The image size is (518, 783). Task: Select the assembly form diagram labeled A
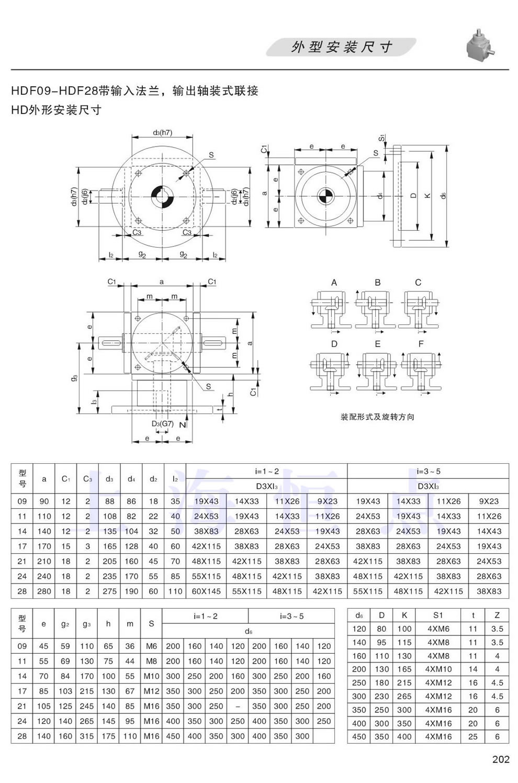click(x=333, y=309)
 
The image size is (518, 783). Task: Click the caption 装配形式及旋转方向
click(x=377, y=417)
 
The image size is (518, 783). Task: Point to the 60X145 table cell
click(x=206, y=591)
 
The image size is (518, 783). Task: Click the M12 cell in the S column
click(x=151, y=691)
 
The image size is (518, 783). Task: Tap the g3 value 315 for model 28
click(x=87, y=736)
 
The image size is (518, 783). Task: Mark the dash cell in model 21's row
click(x=238, y=706)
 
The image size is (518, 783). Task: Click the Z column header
click(x=497, y=615)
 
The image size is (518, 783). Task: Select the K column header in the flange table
click(x=404, y=615)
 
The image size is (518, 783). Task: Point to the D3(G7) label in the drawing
click(x=162, y=423)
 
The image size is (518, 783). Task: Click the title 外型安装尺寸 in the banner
click(x=342, y=47)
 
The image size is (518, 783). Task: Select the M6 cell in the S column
click(x=151, y=646)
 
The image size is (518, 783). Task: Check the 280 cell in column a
click(x=44, y=591)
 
